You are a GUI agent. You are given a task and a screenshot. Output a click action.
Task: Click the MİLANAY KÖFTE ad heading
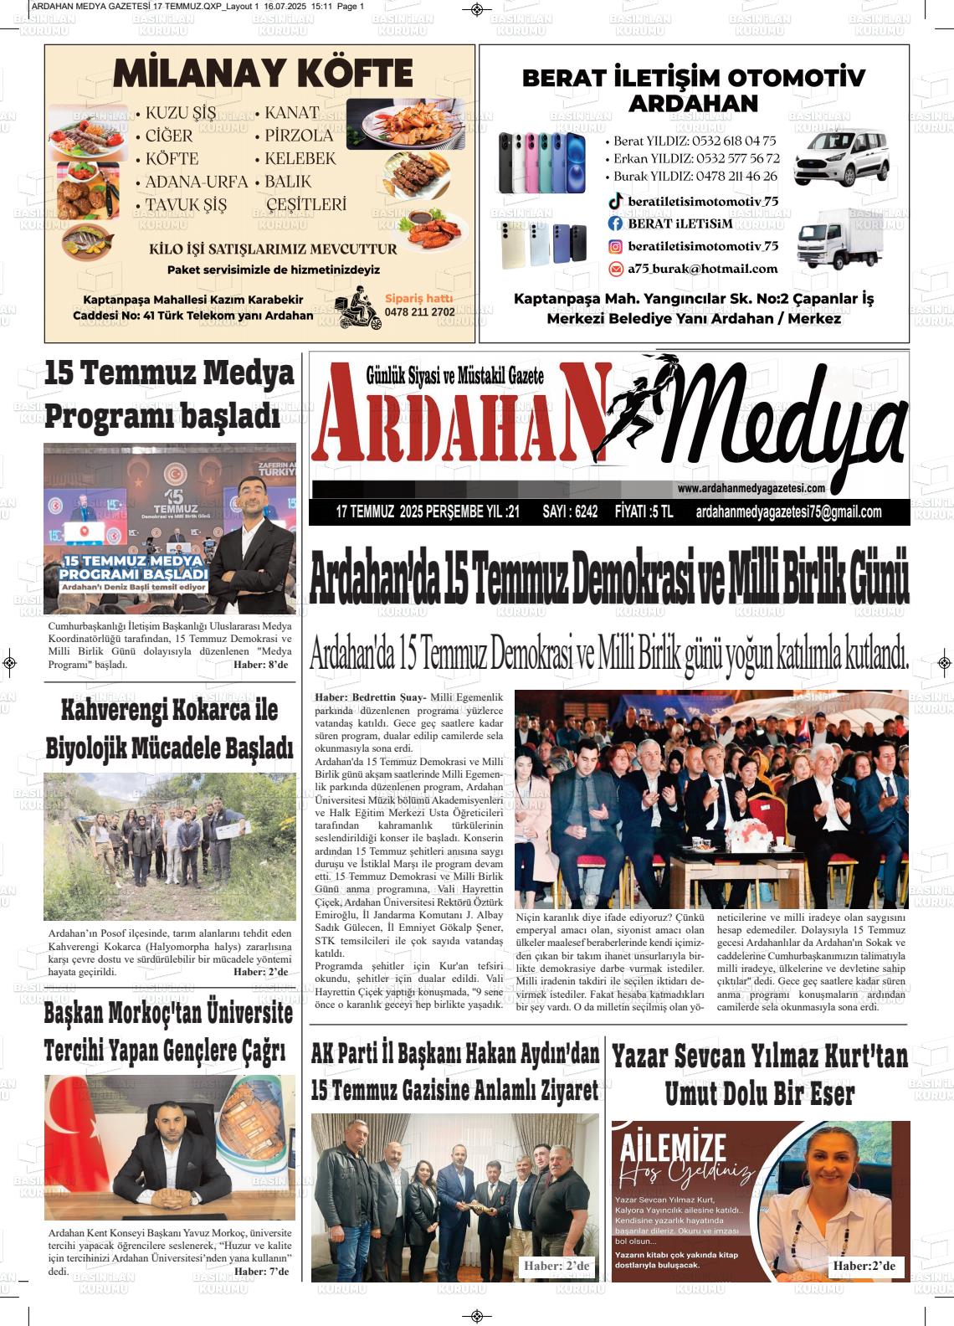point(262,75)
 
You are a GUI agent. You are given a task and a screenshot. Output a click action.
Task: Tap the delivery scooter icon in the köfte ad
point(356,311)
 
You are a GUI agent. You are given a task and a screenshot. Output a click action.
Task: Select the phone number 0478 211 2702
point(419,312)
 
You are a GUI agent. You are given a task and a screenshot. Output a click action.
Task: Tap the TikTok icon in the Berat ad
point(615,201)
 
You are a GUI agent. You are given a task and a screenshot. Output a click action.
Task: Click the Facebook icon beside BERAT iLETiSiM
point(615,224)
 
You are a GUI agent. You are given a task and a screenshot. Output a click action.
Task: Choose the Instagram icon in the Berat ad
point(615,246)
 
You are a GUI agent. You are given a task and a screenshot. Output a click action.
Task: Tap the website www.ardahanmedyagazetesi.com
point(751,489)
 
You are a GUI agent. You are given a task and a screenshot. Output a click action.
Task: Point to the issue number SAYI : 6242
point(570,512)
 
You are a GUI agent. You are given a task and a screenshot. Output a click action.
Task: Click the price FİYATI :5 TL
point(643,512)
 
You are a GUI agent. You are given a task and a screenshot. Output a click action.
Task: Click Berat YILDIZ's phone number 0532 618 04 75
point(724,141)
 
